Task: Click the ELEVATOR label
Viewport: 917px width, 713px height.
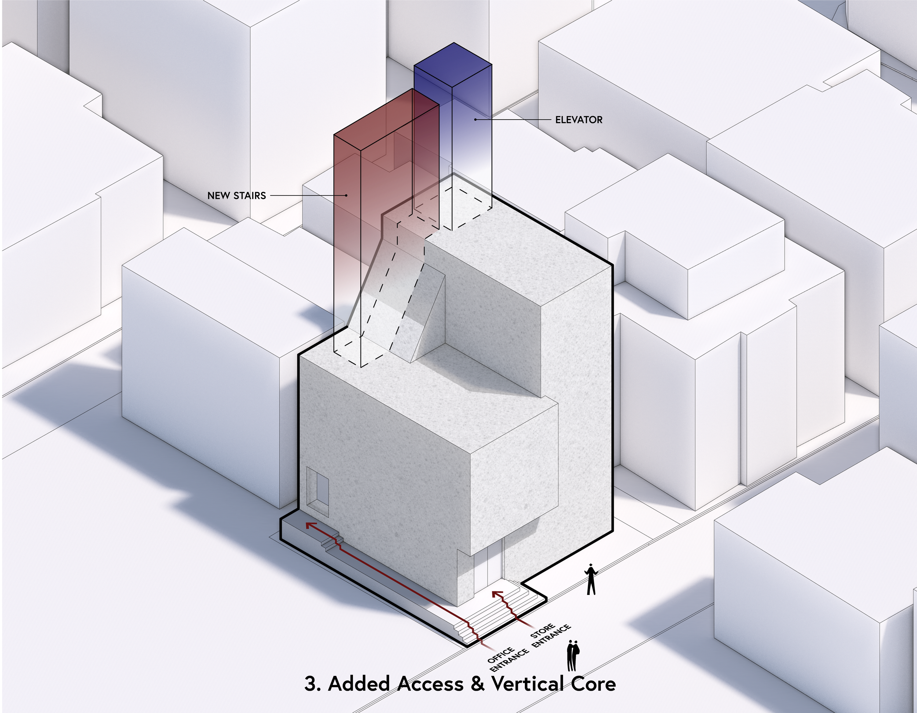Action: (x=578, y=120)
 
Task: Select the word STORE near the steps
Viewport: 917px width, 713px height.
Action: (x=542, y=631)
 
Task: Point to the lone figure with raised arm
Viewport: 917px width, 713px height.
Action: (x=591, y=579)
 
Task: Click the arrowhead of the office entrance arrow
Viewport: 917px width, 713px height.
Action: (x=310, y=525)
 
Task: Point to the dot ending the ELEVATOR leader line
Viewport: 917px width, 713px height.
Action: (x=475, y=120)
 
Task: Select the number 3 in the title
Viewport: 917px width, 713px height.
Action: (x=311, y=683)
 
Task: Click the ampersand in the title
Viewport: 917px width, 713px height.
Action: (x=477, y=683)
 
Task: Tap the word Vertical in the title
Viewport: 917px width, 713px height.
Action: (x=527, y=683)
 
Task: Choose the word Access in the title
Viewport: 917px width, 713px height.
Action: (x=431, y=683)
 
